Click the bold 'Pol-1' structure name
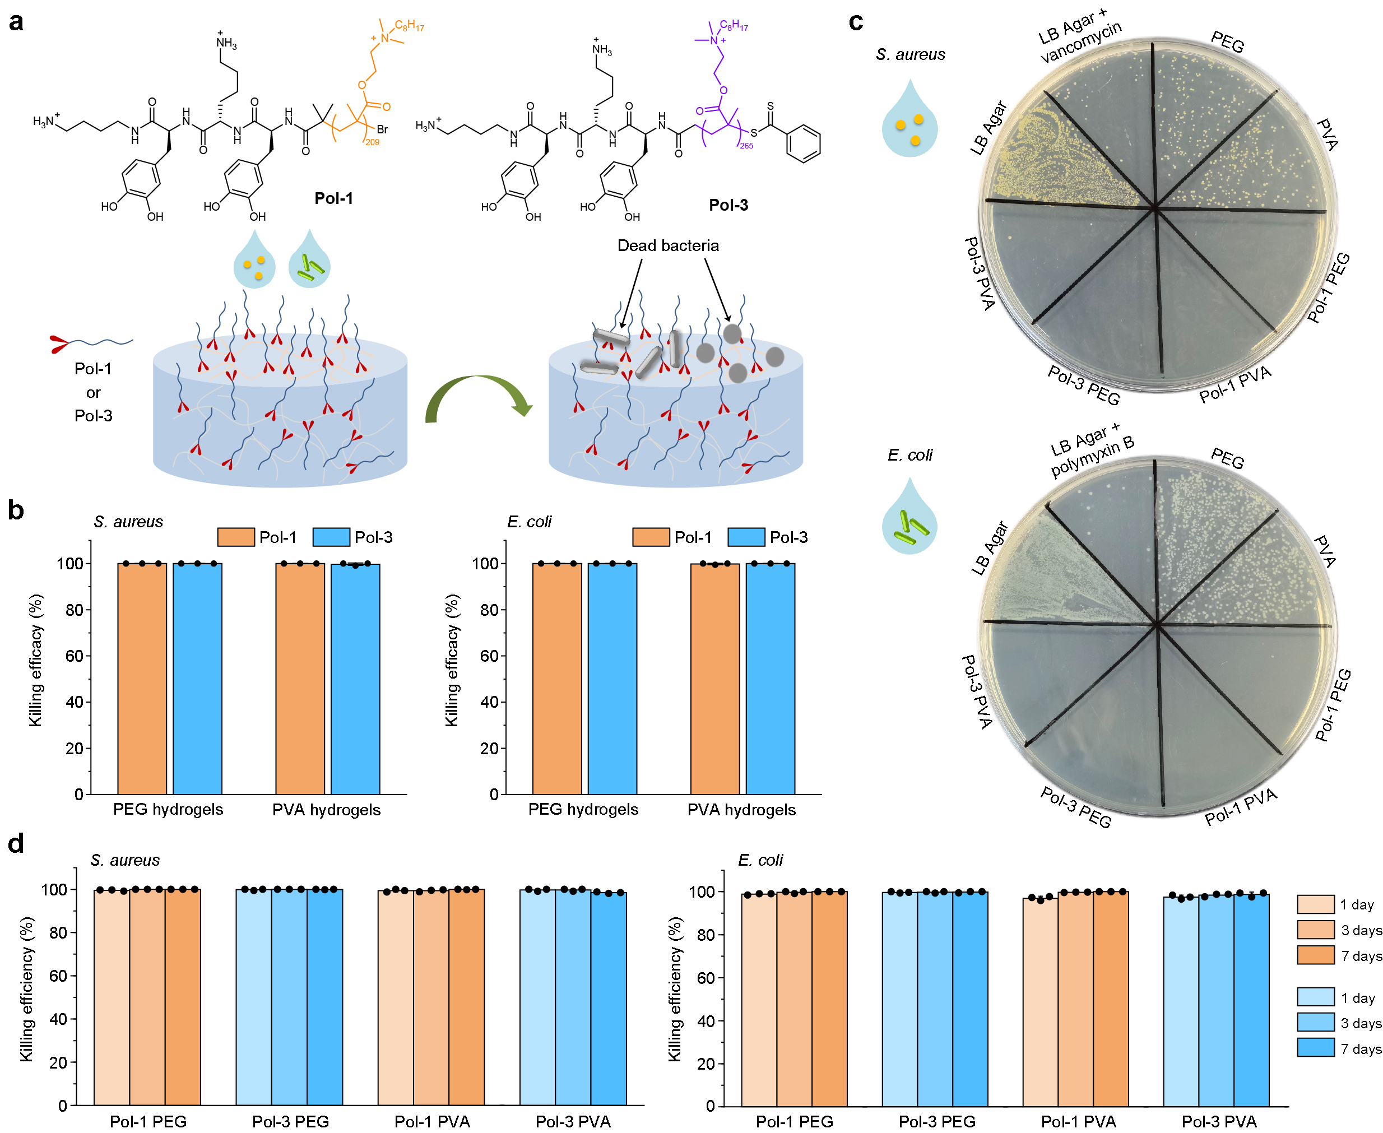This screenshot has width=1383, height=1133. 333,198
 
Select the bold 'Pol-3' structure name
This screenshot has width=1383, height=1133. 728,205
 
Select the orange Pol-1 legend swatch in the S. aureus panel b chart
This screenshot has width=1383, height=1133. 235,537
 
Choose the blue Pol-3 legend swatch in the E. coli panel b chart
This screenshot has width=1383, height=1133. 745,537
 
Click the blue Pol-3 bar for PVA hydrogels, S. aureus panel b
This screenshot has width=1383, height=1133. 355,679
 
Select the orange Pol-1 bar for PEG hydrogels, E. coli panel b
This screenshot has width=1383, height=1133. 556,679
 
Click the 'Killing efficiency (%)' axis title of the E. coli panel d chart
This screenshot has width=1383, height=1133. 675,989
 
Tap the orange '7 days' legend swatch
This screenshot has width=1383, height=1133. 1315,955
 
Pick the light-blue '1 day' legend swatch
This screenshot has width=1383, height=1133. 1315,997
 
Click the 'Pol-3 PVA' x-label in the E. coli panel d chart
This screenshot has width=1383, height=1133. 1218,1121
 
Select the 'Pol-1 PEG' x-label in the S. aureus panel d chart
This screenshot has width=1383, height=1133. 148,1121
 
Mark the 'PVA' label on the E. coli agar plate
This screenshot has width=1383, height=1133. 1324,552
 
